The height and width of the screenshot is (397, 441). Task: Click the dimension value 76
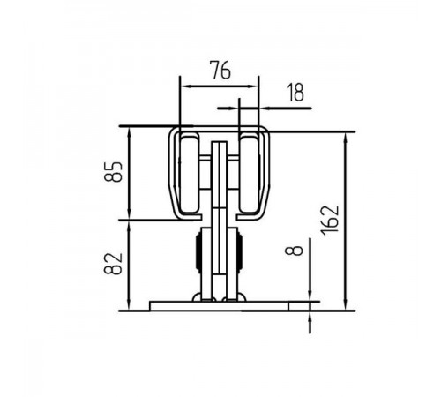tap(220, 70)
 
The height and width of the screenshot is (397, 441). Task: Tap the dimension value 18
tap(295, 93)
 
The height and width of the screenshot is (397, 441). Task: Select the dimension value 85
tap(113, 172)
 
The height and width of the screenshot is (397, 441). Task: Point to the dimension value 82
tap(113, 264)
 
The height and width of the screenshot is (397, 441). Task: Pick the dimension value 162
tap(330, 221)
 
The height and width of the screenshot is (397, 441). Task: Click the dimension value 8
tap(294, 251)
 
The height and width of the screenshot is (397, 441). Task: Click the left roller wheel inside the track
tap(190, 174)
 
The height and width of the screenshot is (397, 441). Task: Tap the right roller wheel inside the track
tap(250, 174)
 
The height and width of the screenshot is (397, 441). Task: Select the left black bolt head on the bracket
tap(198, 251)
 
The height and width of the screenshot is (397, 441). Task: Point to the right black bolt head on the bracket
tap(240, 251)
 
